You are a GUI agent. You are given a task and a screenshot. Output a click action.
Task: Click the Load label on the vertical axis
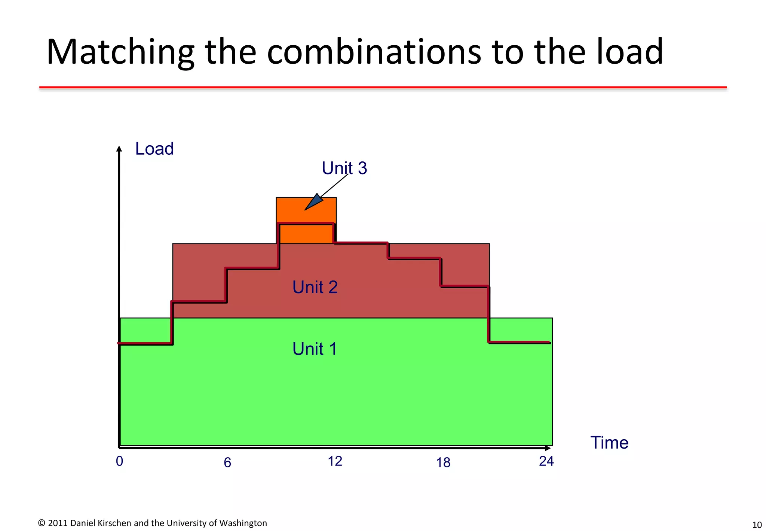coord(154,149)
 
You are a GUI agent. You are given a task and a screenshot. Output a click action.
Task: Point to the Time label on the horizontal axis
coord(609,443)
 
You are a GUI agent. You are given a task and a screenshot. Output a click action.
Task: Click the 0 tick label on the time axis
coord(119,461)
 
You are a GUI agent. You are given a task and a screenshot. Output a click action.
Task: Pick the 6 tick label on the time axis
coord(227,463)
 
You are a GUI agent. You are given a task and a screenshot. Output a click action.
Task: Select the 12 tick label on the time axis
coord(335,461)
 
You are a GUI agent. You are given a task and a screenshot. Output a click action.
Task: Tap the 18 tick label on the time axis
coord(443,463)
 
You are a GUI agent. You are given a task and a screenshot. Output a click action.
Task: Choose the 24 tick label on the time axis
coord(546,461)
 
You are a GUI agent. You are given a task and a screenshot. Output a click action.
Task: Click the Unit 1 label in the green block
coord(315,349)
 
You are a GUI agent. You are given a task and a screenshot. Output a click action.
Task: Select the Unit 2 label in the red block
coord(315,287)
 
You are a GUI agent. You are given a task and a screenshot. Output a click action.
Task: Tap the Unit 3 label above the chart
coord(344,168)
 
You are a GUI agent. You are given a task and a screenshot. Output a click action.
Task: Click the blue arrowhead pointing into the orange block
coord(314,202)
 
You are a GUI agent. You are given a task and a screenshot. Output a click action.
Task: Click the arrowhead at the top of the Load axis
coord(119,149)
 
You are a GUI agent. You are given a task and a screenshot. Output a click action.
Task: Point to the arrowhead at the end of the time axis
coord(548,448)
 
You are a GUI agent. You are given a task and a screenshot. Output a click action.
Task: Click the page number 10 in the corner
coord(757,525)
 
